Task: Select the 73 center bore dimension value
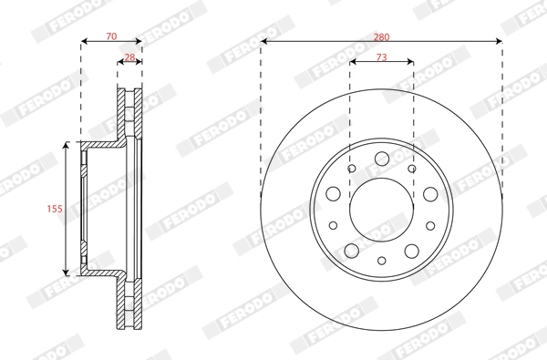point(381,57)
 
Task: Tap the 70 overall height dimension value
point(111,36)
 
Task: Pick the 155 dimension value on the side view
point(54,209)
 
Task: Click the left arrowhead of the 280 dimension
point(264,41)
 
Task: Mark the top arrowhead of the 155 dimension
point(66,146)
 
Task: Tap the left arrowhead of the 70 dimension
point(85,42)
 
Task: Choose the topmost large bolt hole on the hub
point(381,159)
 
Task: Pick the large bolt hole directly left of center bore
point(334,193)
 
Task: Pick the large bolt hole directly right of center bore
point(428,193)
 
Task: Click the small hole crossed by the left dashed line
point(351,168)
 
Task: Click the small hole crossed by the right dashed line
point(411,168)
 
